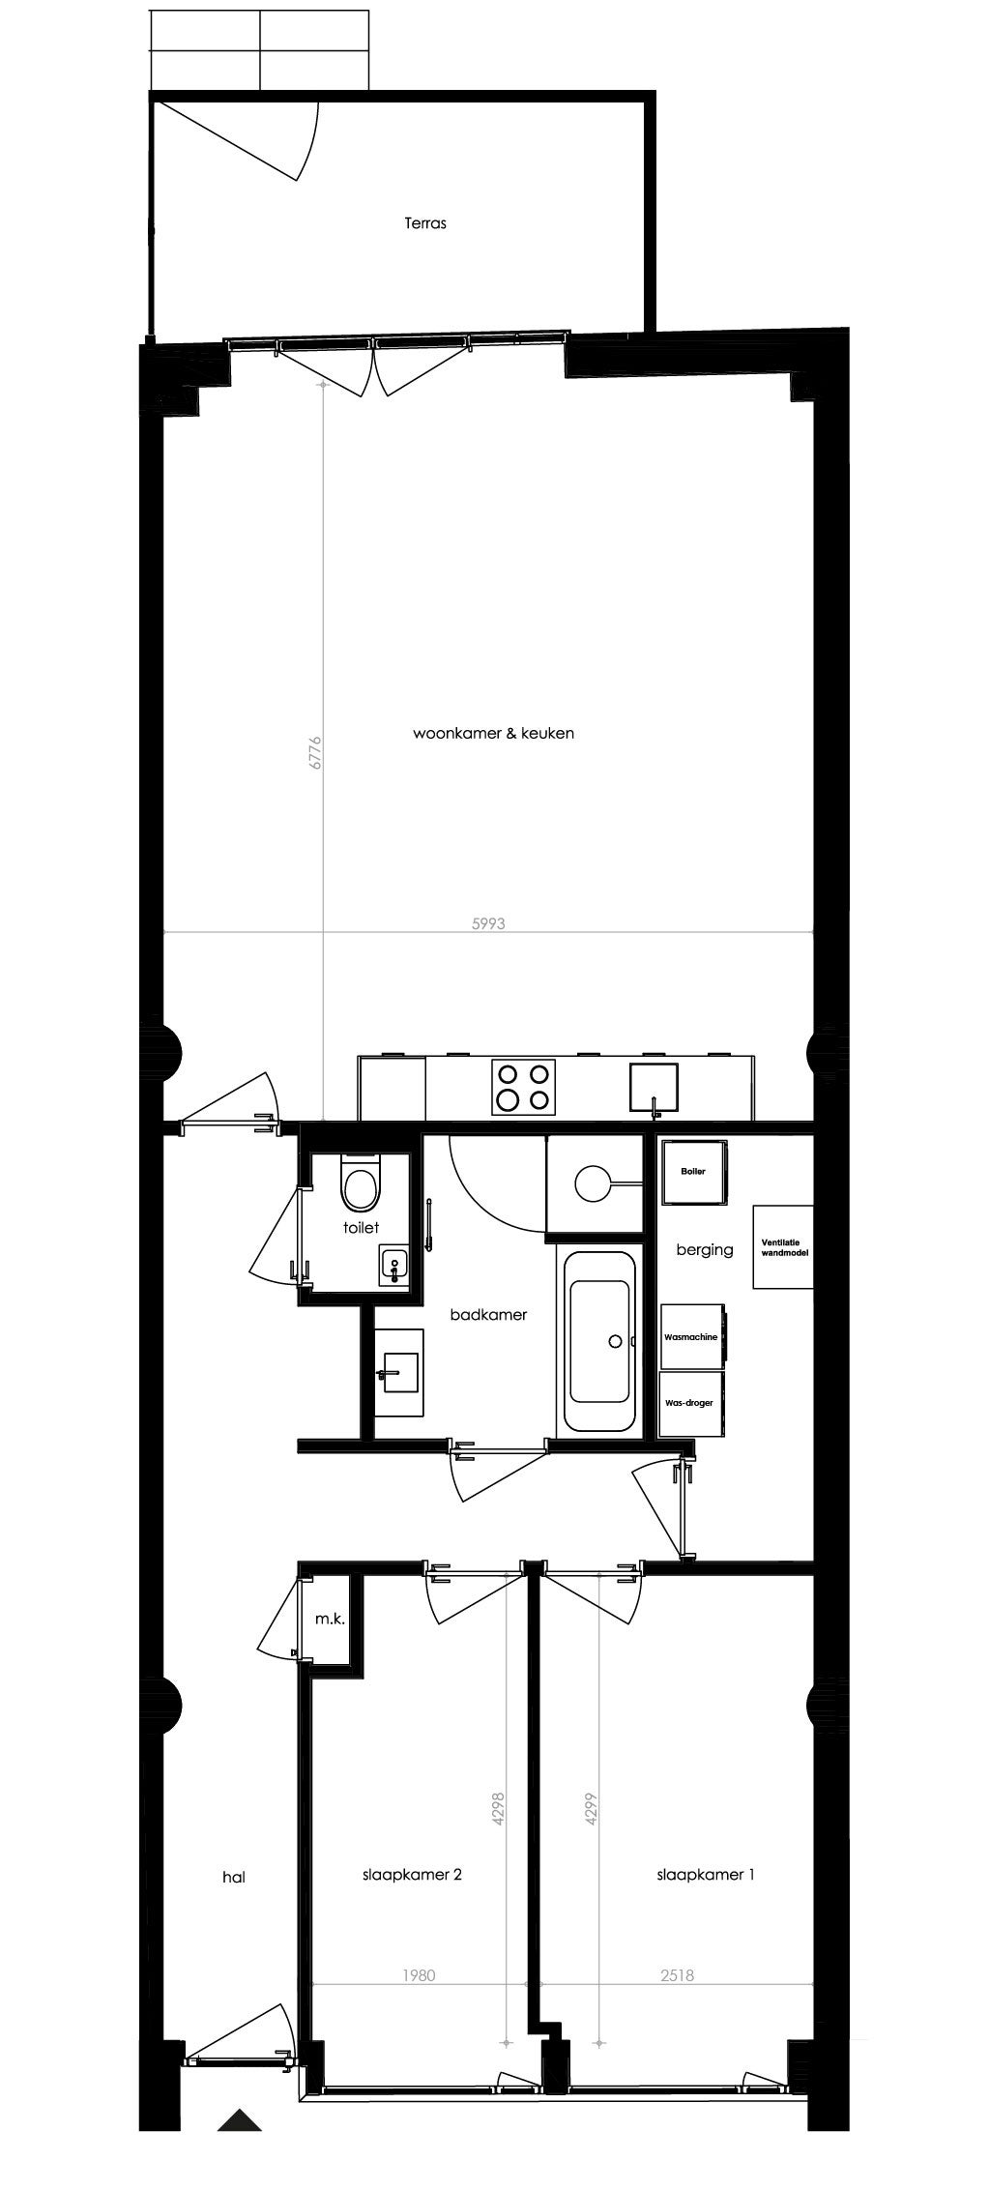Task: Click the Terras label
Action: pos(425,223)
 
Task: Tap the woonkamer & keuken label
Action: pos(493,734)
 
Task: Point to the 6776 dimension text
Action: pos(315,753)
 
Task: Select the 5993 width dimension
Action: pos(488,923)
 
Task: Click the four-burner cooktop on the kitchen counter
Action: pos(524,1086)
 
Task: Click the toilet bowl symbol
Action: pos(362,1186)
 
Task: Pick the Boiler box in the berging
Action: pos(693,1172)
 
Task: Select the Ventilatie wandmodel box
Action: pos(783,1246)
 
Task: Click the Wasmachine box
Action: pos(692,1336)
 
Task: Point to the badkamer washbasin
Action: pos(398,1371)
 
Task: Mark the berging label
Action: pos(705,1250)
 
